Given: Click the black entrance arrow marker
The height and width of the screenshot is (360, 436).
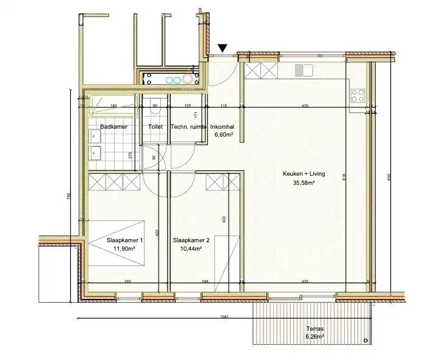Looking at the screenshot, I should pyautogui.click(x=223, y=47).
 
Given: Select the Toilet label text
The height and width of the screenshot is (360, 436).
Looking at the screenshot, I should pyautogui.click(x=155, y=127).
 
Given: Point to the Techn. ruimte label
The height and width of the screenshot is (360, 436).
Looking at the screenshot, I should pyautogui.click(x=187, y=127).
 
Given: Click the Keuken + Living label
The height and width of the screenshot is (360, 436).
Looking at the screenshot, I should pyautogui.click(x=304, y=174).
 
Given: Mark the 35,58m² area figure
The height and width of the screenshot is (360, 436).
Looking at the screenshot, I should pyautogui.click(x=304, y=182).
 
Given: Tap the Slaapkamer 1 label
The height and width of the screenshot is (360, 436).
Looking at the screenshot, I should pyautogui.click(x=124, y=240).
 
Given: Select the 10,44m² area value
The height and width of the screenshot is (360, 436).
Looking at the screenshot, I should pyautogui.click(x=191, y=249).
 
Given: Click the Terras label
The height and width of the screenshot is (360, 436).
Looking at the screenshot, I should pyautogui.click(x=315, y=328).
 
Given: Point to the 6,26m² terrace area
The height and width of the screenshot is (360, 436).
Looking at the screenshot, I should pyautogui.click(x=315, y=336).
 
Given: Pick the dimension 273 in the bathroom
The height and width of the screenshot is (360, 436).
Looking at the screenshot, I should pyautogui.click(x=130, y=155).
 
